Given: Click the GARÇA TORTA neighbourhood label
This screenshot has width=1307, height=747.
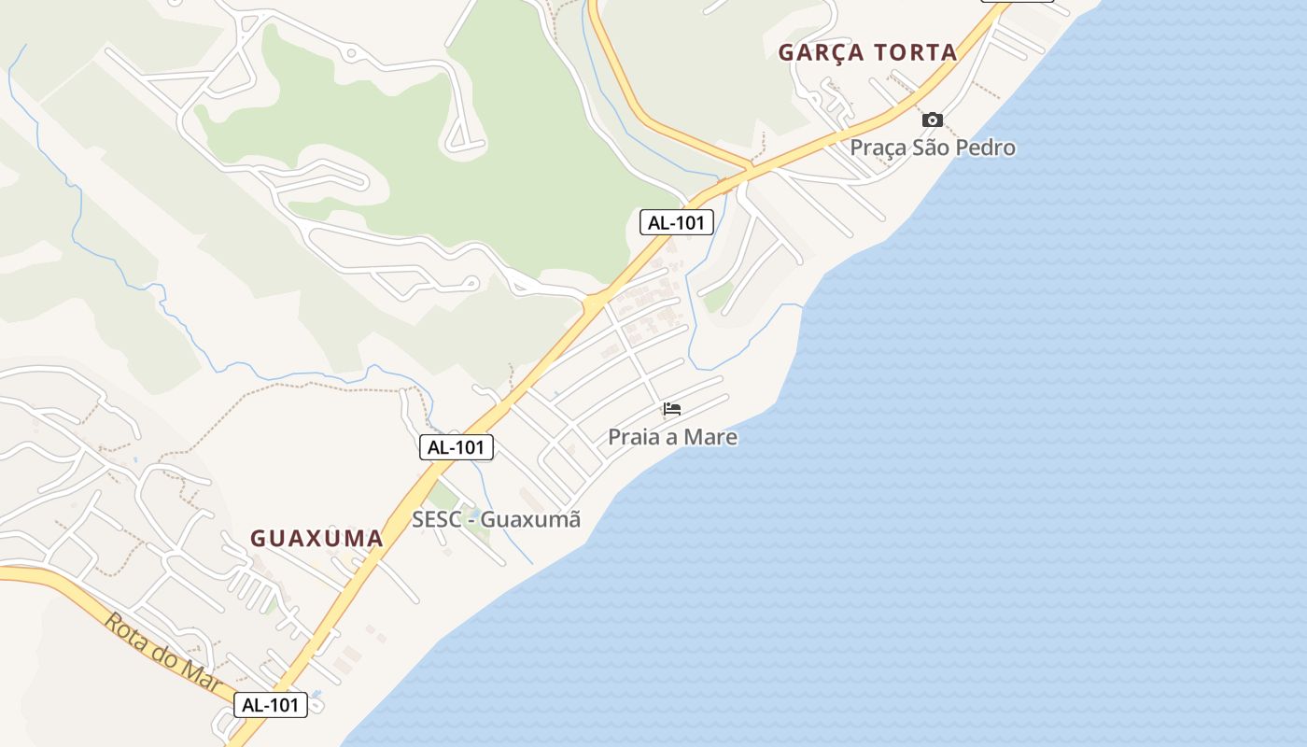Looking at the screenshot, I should click(868, 52).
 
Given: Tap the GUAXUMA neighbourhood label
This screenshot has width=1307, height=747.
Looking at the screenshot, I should click(316, 538).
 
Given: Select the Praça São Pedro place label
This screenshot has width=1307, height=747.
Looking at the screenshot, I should click(932, 148).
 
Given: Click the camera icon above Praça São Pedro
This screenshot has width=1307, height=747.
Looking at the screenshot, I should click(932, 120).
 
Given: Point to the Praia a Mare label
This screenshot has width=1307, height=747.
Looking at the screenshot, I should click(672, 437).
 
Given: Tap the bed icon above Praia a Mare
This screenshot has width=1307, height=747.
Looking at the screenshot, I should click(671, 409).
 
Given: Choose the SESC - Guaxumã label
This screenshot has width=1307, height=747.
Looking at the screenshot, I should click(496, 519).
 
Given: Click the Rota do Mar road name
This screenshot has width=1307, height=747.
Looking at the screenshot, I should click(162, 653).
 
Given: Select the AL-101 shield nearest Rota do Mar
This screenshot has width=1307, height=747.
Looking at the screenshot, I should click(270, 705).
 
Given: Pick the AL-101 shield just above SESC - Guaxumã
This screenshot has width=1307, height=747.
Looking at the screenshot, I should click(456, 447).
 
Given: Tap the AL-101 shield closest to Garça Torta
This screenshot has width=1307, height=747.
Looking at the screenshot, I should click(677, 222).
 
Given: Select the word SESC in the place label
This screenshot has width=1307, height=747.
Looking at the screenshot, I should click(436, 519).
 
